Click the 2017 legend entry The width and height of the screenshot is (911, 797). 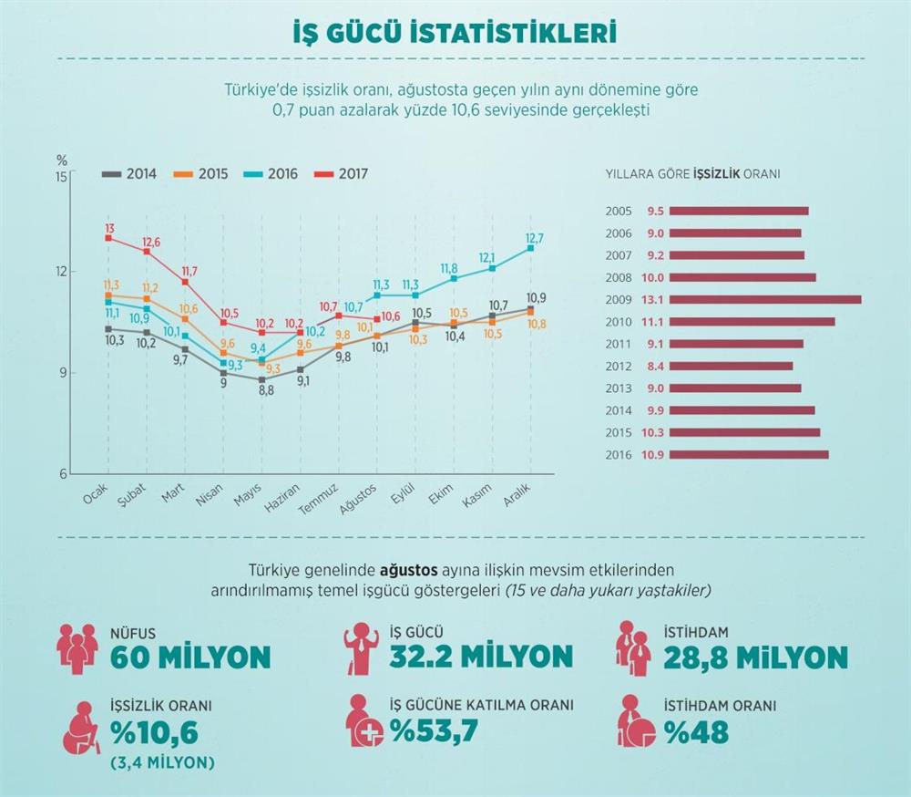[x=342, y=173]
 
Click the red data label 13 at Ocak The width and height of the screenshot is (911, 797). [x=109, y=228]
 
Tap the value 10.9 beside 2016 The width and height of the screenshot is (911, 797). [x=655, y=454]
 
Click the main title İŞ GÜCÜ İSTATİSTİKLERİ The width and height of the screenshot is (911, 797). [x=455, y=34]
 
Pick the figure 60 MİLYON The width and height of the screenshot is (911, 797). [x=190, y=657]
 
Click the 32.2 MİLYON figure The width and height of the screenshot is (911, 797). [x=482, y=657]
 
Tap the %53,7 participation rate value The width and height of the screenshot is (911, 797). [x=434, y=730]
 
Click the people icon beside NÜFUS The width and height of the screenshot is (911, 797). [x=77, y=646]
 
